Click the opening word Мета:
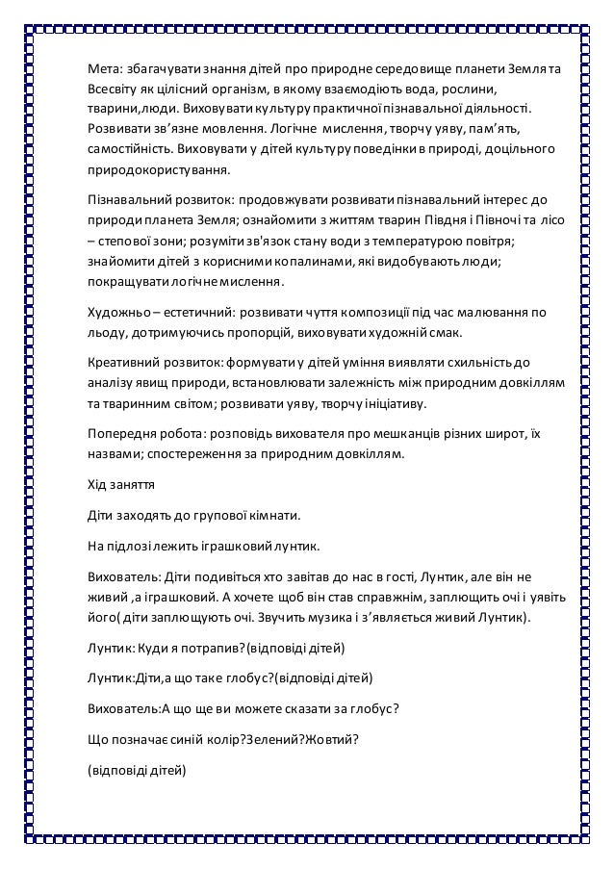point(103,70)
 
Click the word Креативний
point(120,363)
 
